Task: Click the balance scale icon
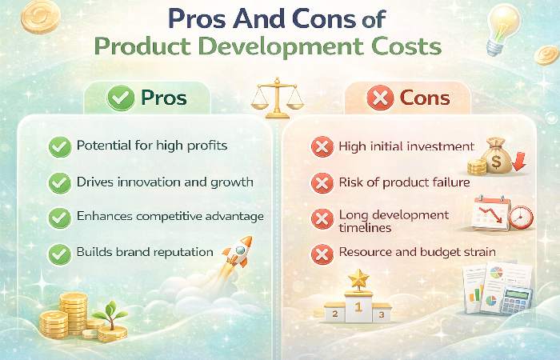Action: [279, 98]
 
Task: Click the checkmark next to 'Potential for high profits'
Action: [58, 146]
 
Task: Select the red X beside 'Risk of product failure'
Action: [321, 183]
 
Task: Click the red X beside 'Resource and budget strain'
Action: [321, 253]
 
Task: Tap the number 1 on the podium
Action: [358, 306]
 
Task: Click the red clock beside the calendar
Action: [520, 217]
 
